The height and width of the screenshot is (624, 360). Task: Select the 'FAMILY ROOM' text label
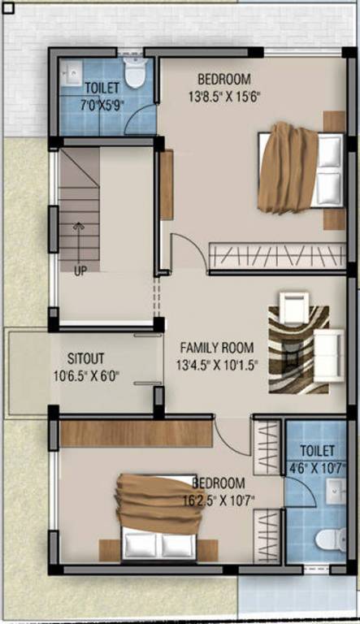[216, 345]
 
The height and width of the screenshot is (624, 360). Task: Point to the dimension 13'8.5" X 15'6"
[223, 95]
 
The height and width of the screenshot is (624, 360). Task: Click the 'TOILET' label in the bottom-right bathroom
[316, 449]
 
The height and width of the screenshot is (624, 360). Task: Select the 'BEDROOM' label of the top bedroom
[223, 79]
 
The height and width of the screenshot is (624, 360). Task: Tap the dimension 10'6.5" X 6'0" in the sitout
[86, 375]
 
